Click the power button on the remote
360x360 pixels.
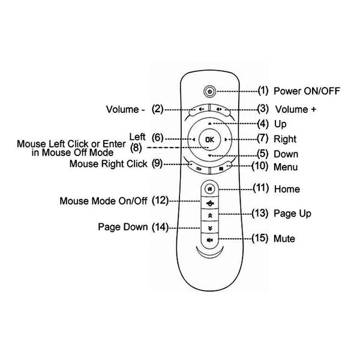pos(209,91)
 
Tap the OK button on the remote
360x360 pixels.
pos(209,140)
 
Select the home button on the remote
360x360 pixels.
pos(209,188)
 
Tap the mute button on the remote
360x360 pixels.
pos(209,240)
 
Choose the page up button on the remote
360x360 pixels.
pos(209,214)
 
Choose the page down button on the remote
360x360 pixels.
pos(209,227)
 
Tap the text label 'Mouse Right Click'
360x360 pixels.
pos(109,163)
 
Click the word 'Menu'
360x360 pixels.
pos(286,167)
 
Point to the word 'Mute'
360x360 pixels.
pos(284,239)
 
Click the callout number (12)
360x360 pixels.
pos(161,200)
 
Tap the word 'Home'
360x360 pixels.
pos(287,189)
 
